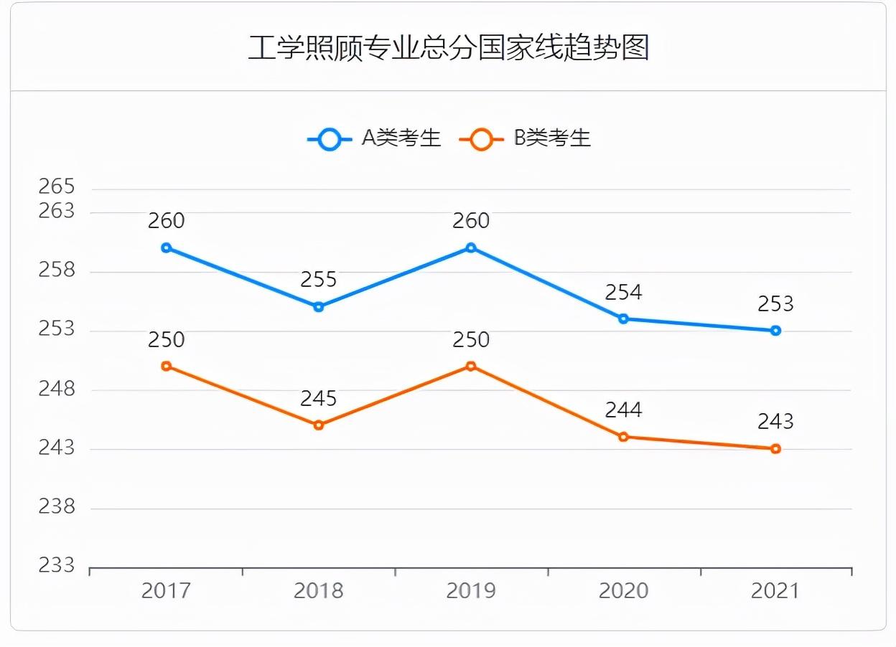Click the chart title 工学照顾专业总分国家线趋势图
click(x=448, y=48)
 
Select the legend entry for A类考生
click(x=374, y=138)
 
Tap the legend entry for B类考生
click(x=525, y=138)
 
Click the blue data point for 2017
click(x=166, y=248)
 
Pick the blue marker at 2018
click(x=319, y=307)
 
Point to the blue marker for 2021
click(x=775, y=331)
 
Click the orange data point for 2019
click(x=471, y=367)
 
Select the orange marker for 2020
click(x=623, y=437)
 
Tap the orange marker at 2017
click(x=166, y=367)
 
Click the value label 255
click(x=319, y=280)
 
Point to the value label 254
click(x=623, y=292)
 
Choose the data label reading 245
click(x=319, y=398)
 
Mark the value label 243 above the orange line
click(x=775, y=422)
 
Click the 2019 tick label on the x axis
click(x=471, y=591)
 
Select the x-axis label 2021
click(x=775, y=591)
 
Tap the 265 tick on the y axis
click(x=57, y=187)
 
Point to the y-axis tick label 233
click(x=57, y=566)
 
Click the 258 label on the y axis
click(x=57, y=270)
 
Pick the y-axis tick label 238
click(x=57, y=507)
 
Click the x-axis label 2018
click(x=319, y=591)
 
